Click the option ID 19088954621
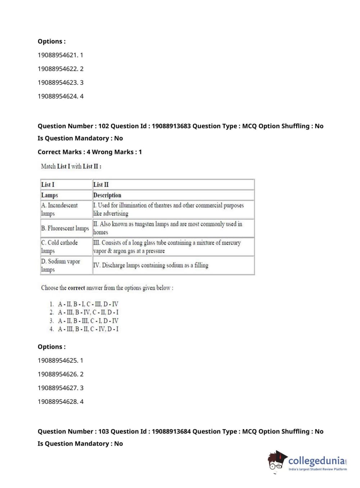tap(58, 55)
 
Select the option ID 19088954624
tap(58, 96)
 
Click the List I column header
tap(48, 185)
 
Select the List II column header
tap(101, 185)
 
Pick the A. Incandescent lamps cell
tap(59, 209)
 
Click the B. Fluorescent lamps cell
tap(65, 228)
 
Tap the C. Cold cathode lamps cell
tap(59, 247)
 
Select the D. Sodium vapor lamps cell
tap(60, 265)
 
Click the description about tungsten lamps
tap(168, 228)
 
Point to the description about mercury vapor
tap(167, 247)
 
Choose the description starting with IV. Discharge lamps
tap(151, 265)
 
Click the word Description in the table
tap(107, 195)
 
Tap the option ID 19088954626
tap(58, 374)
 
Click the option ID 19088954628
tap(58, 402)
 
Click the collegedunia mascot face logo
tap(277, 460)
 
